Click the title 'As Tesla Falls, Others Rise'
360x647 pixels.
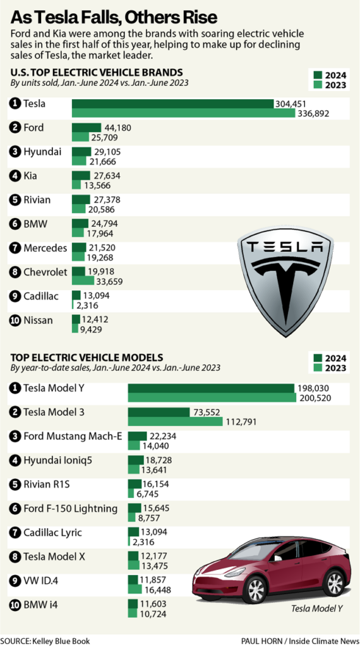[112, 15]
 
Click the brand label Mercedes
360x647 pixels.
[45, 248]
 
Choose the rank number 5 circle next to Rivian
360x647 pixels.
[14, 200]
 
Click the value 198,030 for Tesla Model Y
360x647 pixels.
[313, 387]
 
